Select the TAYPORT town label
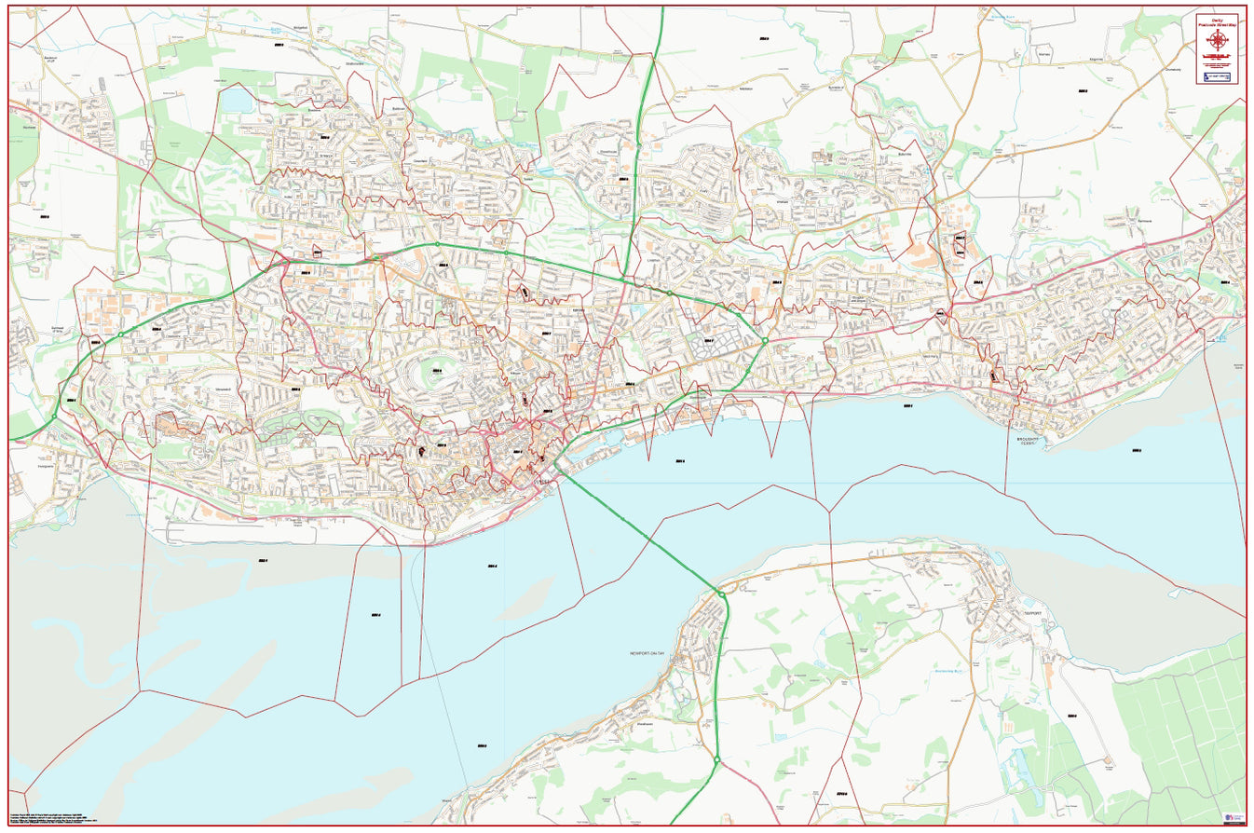click(x=1031, y=614)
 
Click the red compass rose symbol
click(x=1217, y=40)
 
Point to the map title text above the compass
click(x=1217, y=20)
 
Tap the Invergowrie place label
click(x=47, y=468)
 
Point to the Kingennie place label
click(x=1091, y=59)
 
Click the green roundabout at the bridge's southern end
click(x=720, y=594)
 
